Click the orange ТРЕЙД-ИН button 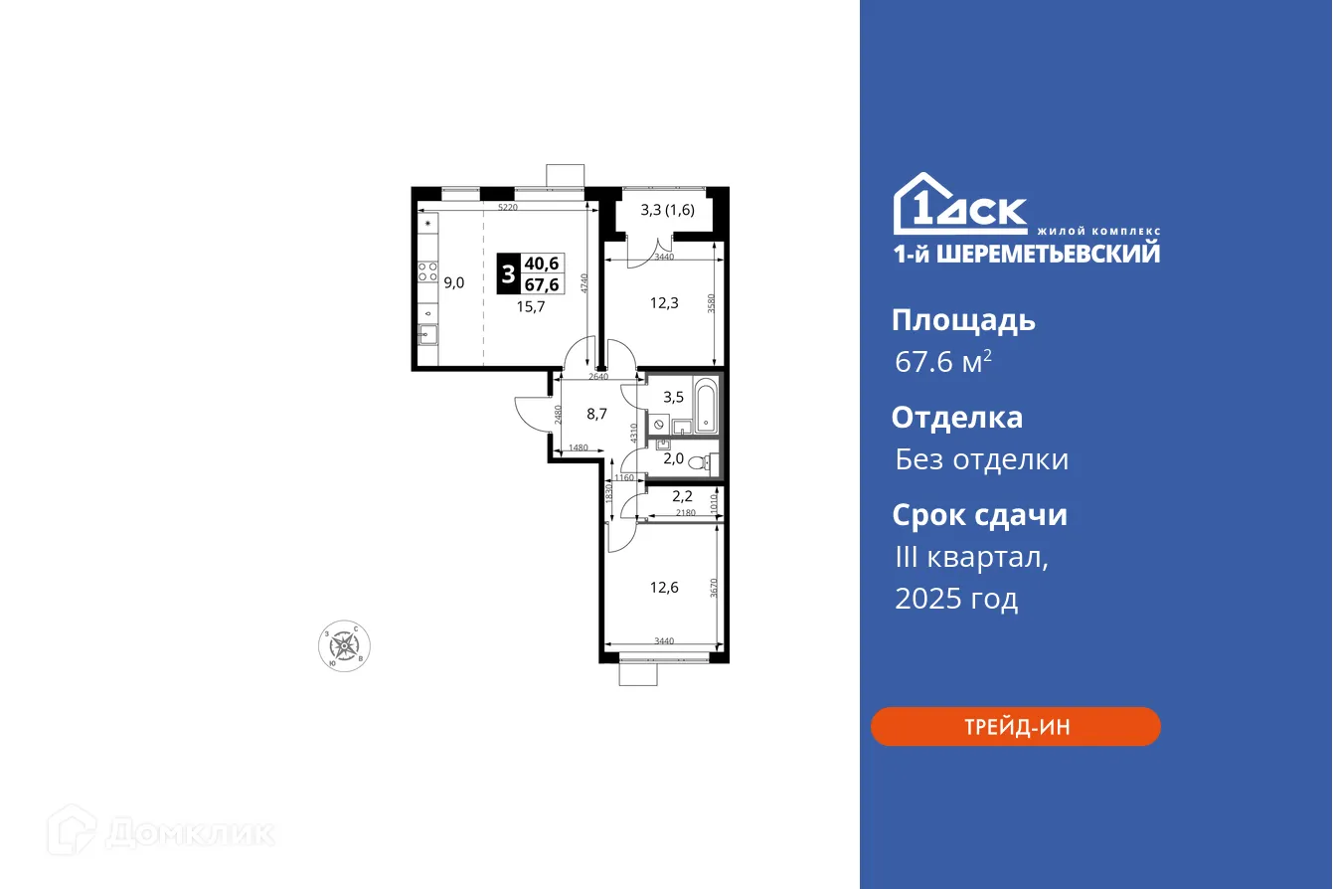(1015, 726)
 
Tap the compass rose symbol (344, 646)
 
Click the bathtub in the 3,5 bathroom (706, 405)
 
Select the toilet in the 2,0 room (710, 461)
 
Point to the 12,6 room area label (664, 587)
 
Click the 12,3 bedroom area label (664, 303)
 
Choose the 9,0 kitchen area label (454, 282)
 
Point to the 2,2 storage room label (682, 496)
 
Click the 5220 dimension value (507, 207)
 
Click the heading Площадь (963, 320)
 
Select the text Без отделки (982, 459)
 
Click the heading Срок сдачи (979, 515)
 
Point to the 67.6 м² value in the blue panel (942, 363)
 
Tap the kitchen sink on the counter (428, 335)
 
